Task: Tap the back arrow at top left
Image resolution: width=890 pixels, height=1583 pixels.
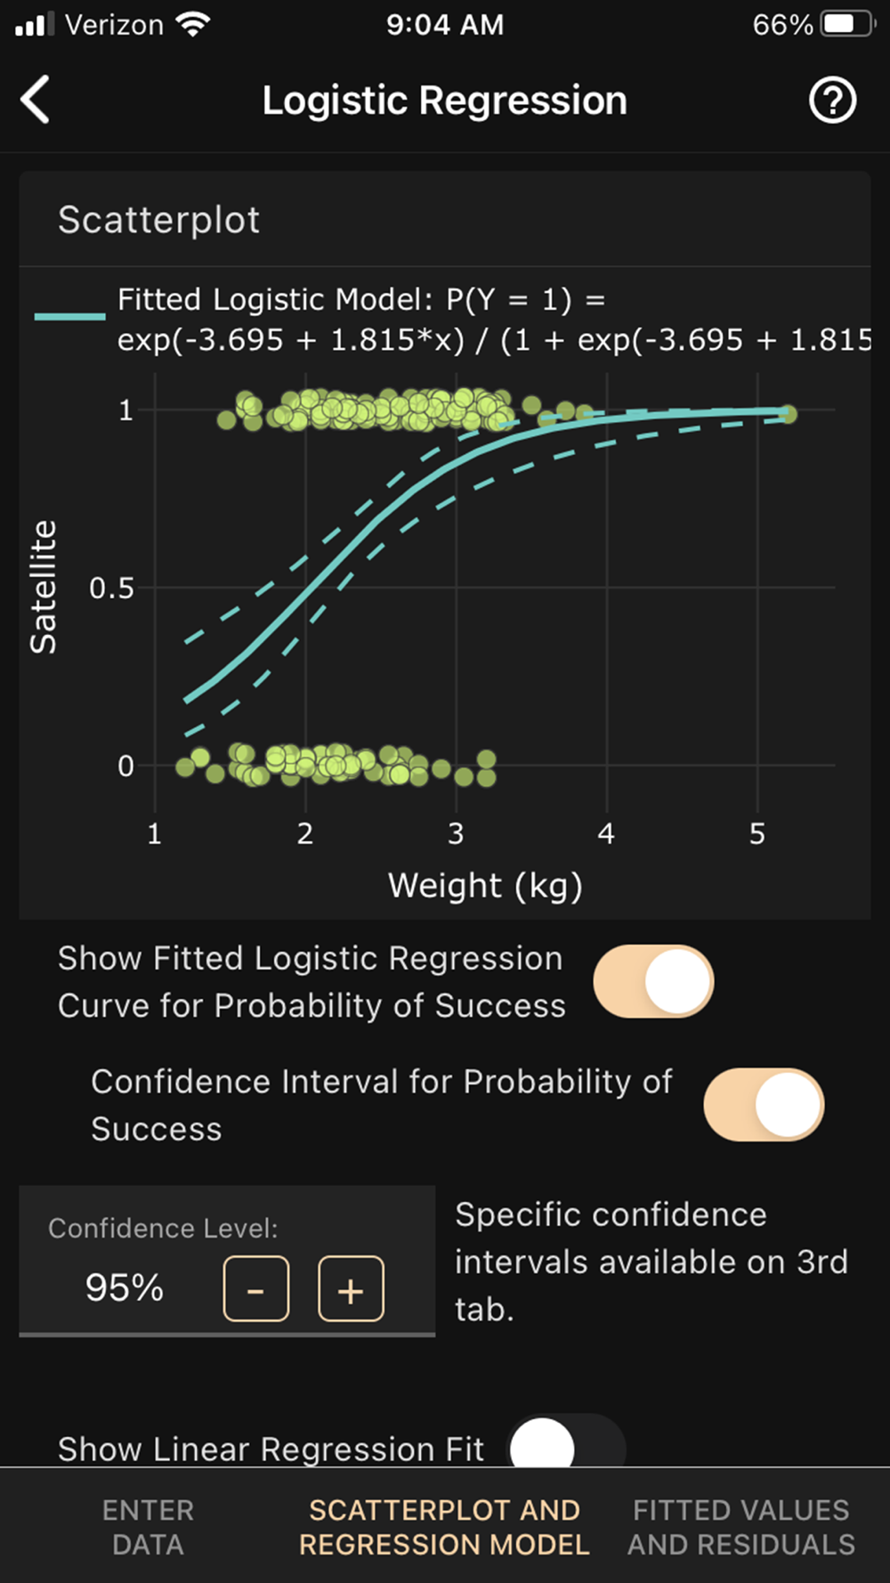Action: (x=36, y=100)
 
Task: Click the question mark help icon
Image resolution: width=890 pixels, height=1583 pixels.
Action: (x=832, y=101)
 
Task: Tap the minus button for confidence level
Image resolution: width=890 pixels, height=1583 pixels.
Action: (x=256, y=1288)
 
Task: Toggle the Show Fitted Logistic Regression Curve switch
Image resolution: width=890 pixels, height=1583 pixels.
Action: (x=653, y=981)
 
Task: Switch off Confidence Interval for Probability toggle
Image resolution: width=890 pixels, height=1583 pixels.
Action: (x=764, y=1104)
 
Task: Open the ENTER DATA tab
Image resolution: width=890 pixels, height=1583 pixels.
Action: (x=148, y=1527)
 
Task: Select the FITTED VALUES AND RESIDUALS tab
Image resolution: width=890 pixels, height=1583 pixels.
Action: (x=741, y=1527)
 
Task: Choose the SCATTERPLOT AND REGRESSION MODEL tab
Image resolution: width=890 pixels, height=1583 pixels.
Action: (x=444, y=1527)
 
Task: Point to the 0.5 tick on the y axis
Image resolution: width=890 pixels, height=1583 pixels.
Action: (x=112, y=589)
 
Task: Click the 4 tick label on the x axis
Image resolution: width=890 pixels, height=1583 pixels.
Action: (x=606, y=834)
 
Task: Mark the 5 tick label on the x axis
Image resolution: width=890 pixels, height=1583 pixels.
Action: (x=757, y=834)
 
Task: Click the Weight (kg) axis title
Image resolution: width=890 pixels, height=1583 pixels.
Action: (x=485, y=886)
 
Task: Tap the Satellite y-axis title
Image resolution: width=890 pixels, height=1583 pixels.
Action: (x=43, y=588)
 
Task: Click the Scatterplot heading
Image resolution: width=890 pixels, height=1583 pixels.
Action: (x=158, y=220)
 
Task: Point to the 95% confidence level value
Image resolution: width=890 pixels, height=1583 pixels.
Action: (x=125, y=1287)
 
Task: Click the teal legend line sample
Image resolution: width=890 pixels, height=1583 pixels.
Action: (x=69, y=316)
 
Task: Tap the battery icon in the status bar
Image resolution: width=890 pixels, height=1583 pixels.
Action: (x=848, y=24)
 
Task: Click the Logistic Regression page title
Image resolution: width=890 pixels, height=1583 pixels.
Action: (x=444, y=101)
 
